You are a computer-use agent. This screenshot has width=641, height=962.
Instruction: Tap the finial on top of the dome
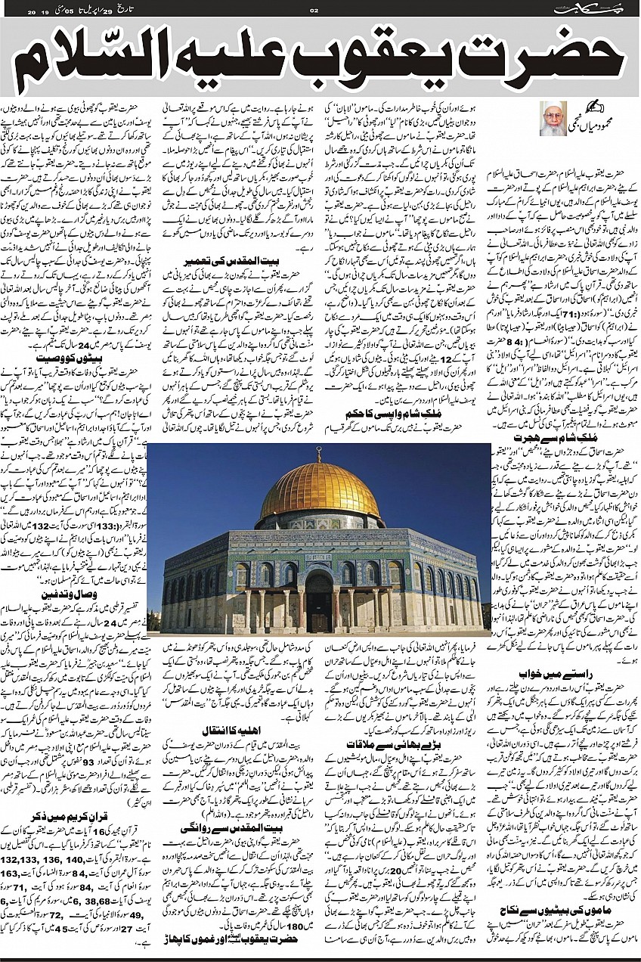pyautogui.click(x=319, y=454)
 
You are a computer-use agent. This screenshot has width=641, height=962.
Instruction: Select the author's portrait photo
pyautogui.click(x=553, y=118)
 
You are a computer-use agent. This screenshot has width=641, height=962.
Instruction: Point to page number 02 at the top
pyautogui.click(x=315, y=10)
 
